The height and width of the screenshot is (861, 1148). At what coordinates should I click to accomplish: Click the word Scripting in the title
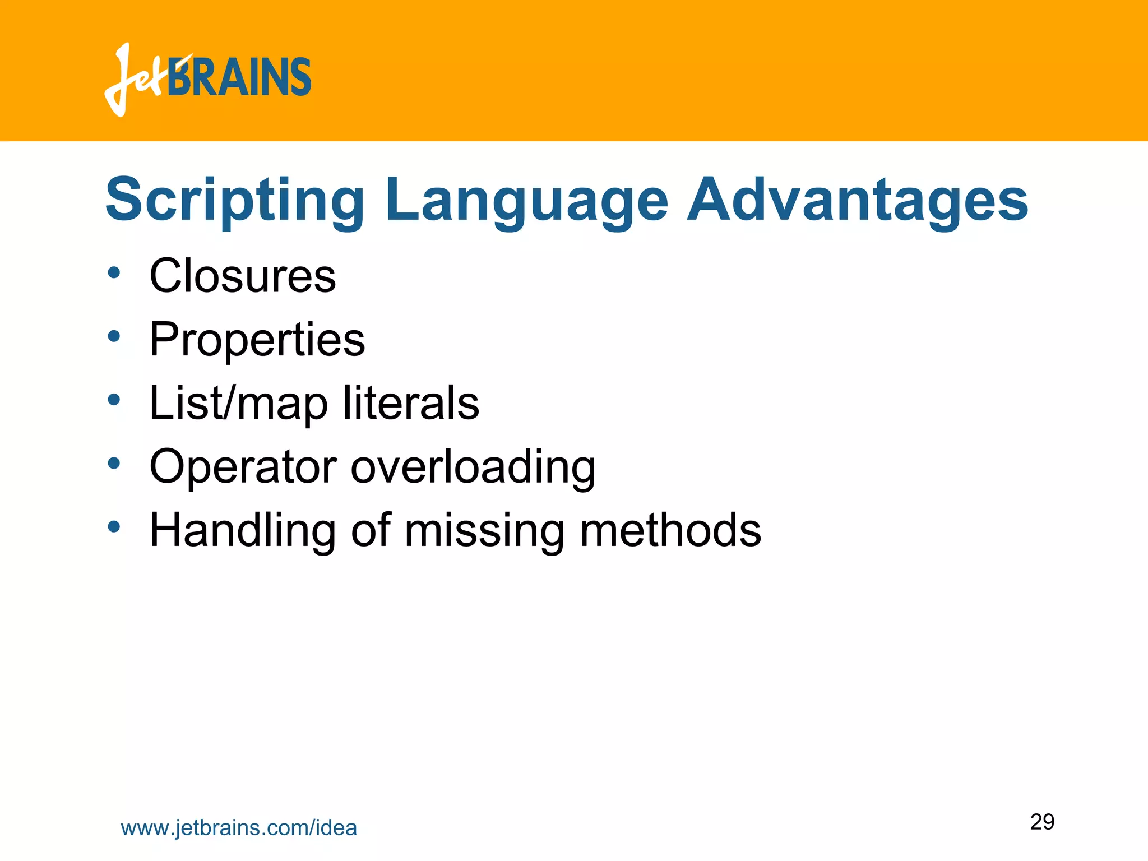click(x=235, y=201)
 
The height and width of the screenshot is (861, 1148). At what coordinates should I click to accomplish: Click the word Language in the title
click(x=526, y=201)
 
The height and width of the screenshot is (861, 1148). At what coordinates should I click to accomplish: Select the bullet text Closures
click(x=242, y=276)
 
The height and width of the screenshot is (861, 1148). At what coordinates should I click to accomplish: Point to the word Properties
click(x=257, y=340)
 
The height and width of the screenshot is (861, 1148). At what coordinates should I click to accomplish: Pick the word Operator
click(x=243, y=466)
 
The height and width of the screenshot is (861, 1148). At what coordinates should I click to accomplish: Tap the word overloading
click(x=473, y=466)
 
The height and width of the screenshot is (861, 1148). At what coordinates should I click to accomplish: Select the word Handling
click(x=242, y=530)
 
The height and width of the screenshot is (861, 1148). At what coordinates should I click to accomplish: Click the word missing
click(x=484, y=530)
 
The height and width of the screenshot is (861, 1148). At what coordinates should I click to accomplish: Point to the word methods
click(x=670, y=530)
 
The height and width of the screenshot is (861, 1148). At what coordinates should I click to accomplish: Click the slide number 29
click(x=1042, y=822)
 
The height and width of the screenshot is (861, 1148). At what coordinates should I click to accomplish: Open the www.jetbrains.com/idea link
click(x=239, y=828)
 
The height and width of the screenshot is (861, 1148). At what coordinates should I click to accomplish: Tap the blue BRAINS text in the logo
click(x=240, y=77)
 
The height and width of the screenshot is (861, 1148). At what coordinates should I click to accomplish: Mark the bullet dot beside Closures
click(x=114, y=273)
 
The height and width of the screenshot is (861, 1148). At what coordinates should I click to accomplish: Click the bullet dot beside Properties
click(x=114, y=337)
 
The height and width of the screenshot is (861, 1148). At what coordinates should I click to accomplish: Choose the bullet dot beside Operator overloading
click(x=114, y=464)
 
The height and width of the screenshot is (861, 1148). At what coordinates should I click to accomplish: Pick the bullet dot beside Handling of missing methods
click(x=114, y=527)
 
